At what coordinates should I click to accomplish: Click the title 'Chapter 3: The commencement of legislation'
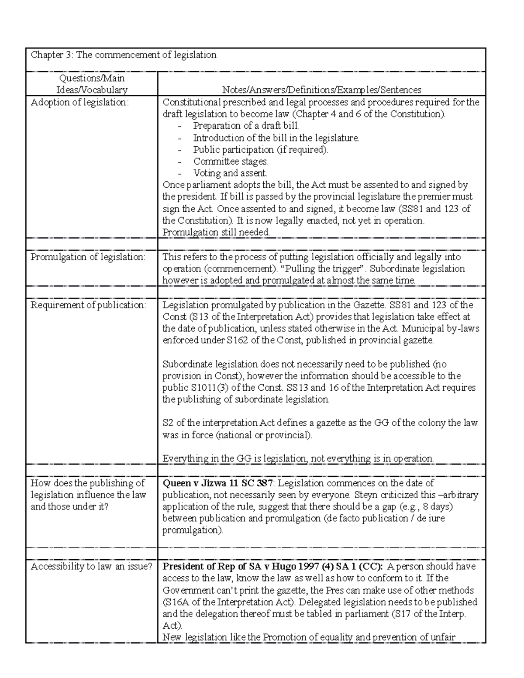pyautogui.click(x=124, y=55)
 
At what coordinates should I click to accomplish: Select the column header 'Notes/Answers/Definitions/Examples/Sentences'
pyautogui.click(x=321, y=90)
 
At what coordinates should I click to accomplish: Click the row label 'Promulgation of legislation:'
pyautogui.click(x=88, y=257)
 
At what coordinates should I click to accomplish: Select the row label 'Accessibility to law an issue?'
pyautogui.click(x=91, y=566)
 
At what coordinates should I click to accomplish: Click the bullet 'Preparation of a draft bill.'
pyautogui.click(x=246, y=126)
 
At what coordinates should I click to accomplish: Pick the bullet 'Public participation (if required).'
pyautogui.click(x=261, y=150)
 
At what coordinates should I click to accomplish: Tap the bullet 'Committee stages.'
pyautogui.click(x=231, y=162)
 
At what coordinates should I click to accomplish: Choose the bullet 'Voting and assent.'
pyautogui.click(x=230, y=173)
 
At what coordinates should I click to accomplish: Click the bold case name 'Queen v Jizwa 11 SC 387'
pyautogui.click(x=218, y=483)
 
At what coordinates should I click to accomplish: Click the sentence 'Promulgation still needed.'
pyautogui.click(x=216, y=232)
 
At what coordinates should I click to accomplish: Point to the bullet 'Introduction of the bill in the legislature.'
pyautogui.click(x=276, y=138)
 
